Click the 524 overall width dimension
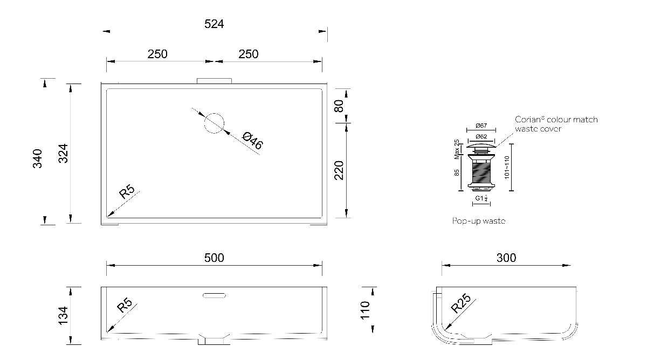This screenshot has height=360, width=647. pos(214,24)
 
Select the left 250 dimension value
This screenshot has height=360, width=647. pos(157,54)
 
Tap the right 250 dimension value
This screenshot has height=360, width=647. pos(249,54)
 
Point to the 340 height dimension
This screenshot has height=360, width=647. pos(37,158)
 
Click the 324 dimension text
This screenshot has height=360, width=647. pos(63,153)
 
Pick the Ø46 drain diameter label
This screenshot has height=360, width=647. pos(253,141)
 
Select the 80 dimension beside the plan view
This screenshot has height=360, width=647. pos(339,106)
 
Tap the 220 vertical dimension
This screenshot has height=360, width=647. pos(339,170)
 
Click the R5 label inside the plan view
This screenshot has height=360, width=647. pos(127,192)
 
